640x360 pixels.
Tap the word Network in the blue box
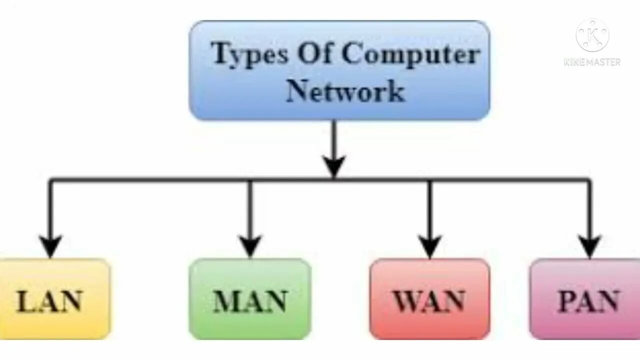click(345, 91)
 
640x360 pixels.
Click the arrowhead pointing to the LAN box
click(50, 246)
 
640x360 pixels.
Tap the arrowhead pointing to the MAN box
click(250, 246)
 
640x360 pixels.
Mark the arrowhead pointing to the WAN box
click(429, 246)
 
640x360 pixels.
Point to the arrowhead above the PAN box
click(590, 246)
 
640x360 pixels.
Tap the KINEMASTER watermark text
click(592, 62)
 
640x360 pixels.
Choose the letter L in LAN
click(25, 301)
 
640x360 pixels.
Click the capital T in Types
click(219, 52)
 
